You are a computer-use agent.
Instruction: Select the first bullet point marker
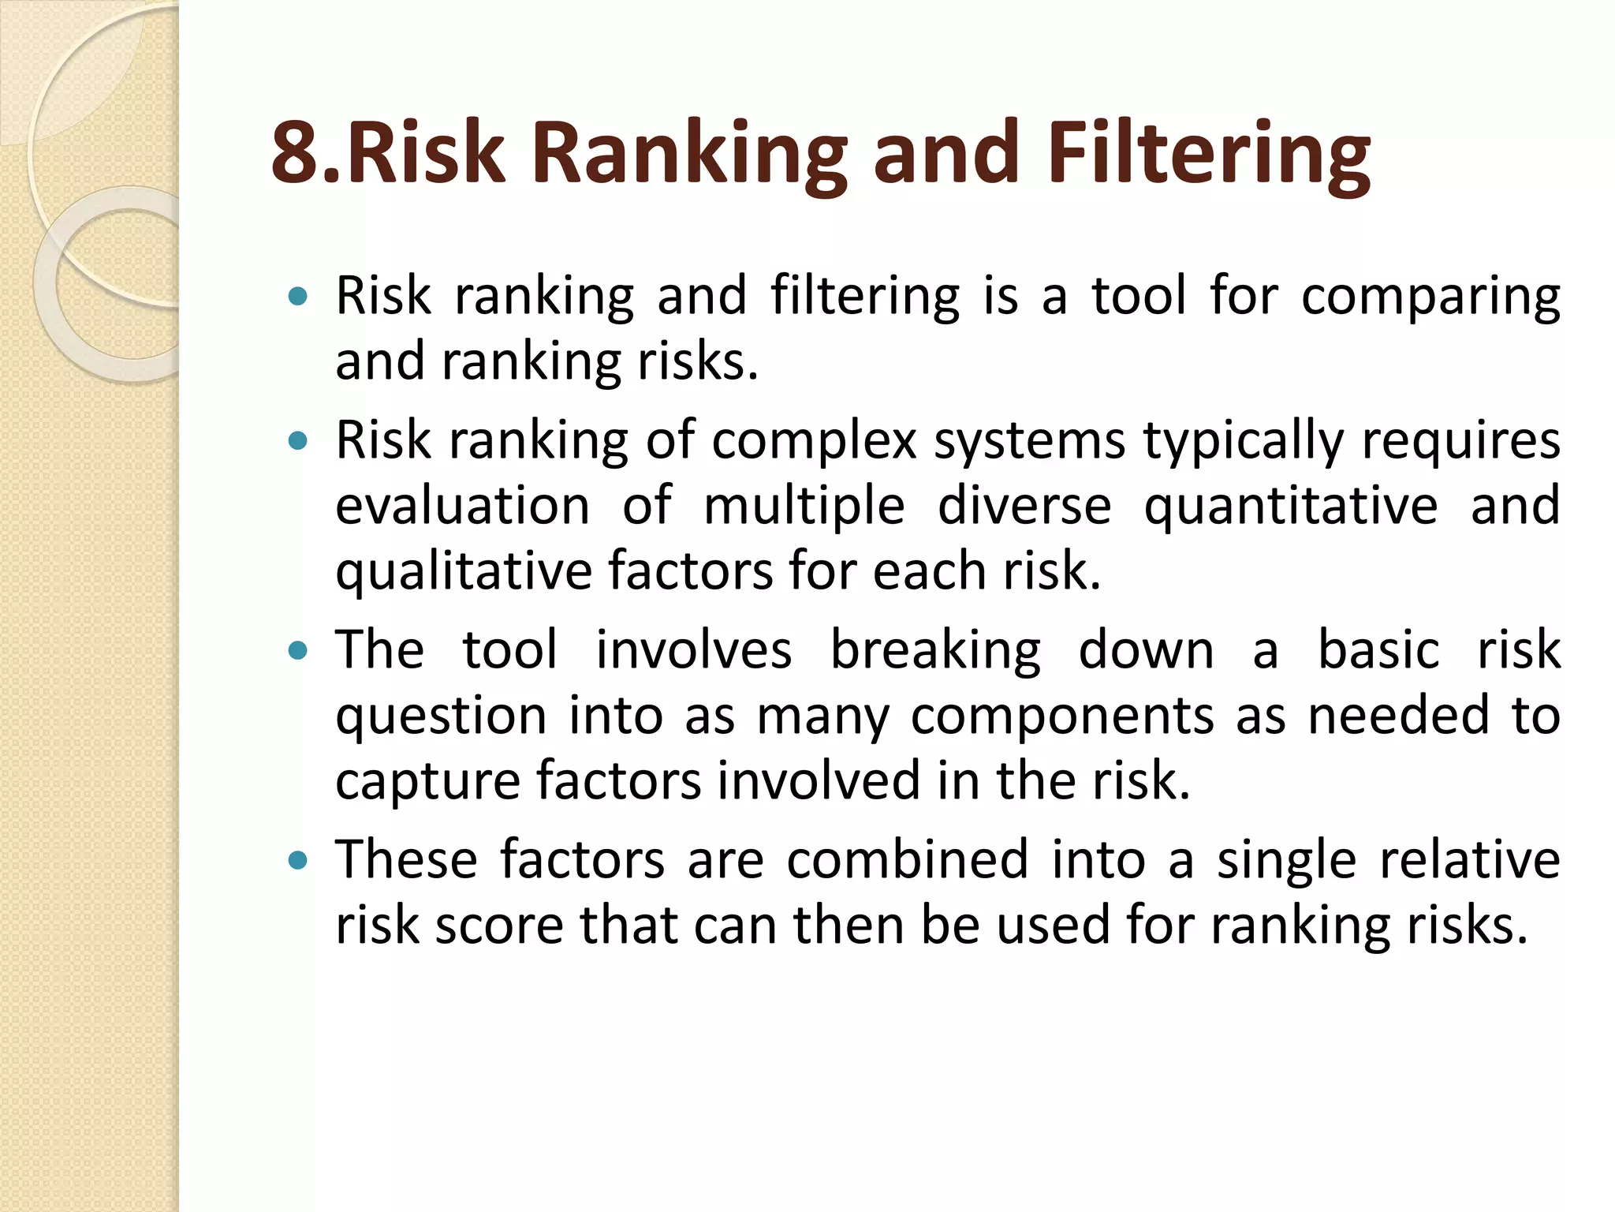297,297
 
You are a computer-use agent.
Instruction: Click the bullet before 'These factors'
297,860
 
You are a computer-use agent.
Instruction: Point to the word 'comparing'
1430,297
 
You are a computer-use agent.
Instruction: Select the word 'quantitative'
1291,507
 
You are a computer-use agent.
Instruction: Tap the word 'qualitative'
464,572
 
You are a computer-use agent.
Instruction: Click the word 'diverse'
1024,505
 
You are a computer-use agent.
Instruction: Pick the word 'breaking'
935,652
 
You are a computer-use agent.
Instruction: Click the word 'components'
1062,716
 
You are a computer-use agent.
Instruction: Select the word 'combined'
907,859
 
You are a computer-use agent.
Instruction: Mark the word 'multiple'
804,507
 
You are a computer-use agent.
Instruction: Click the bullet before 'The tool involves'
297,651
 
